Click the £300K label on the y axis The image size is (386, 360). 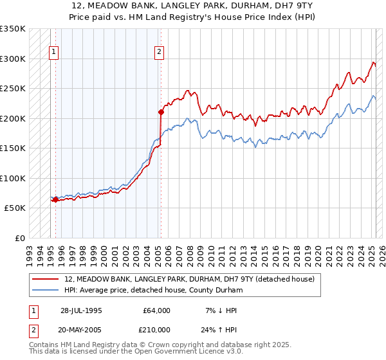pyautogui.click(x=14, y=59)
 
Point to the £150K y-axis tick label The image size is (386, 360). pyautogui.click(x=14, y=148)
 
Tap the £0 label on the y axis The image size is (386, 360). pyautogui.click(x=19, y=238)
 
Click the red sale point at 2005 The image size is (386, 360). pyautogui.click(x=161, y=112)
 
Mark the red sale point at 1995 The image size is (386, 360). pyautogui.click(x=56, y=199)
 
